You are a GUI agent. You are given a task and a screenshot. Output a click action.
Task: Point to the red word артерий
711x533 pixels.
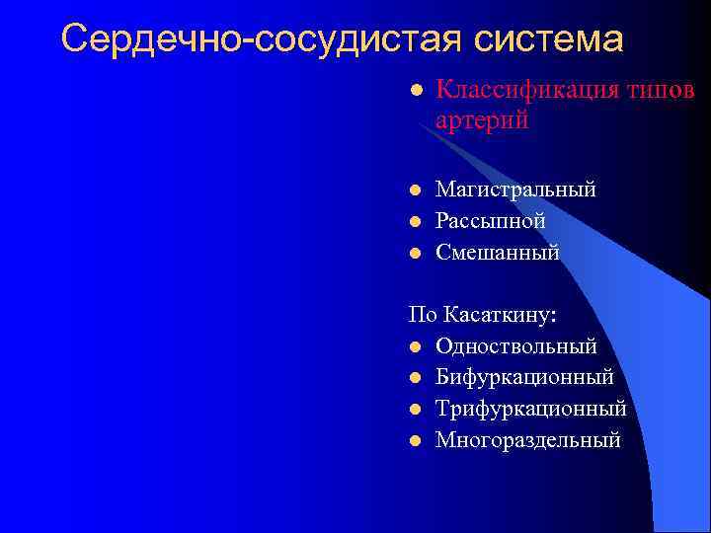(482, 120)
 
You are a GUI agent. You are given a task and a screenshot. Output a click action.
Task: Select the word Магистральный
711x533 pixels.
(515, 189)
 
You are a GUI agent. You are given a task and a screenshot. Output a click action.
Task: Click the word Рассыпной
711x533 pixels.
(491, 220)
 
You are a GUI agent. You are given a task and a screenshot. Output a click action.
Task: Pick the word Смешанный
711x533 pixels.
(498, 253)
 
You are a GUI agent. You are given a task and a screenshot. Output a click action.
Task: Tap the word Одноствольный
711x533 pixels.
(515, 346)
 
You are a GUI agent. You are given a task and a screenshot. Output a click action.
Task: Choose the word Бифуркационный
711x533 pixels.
(524, 377)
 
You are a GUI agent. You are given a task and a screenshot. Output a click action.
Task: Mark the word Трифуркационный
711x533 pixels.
(530, 409)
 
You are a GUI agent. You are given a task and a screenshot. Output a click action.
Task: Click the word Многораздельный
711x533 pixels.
(528, 440)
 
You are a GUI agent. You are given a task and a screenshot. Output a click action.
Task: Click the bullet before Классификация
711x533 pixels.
(416, 91)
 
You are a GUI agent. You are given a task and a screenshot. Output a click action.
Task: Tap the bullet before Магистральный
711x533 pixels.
(416, 190)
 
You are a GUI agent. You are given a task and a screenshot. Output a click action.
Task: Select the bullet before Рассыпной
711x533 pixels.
(416, 221)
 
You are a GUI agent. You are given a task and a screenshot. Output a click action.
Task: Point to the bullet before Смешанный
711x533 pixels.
(416, 253)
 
